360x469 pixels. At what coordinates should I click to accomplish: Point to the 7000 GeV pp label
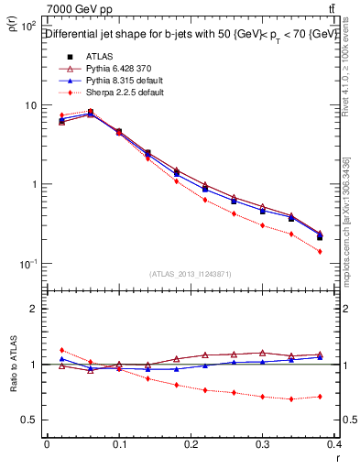click(77, 10)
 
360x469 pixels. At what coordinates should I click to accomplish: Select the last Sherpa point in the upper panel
click(345, 251)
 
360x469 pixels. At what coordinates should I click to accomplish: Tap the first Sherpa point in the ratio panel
click(61, 350)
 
